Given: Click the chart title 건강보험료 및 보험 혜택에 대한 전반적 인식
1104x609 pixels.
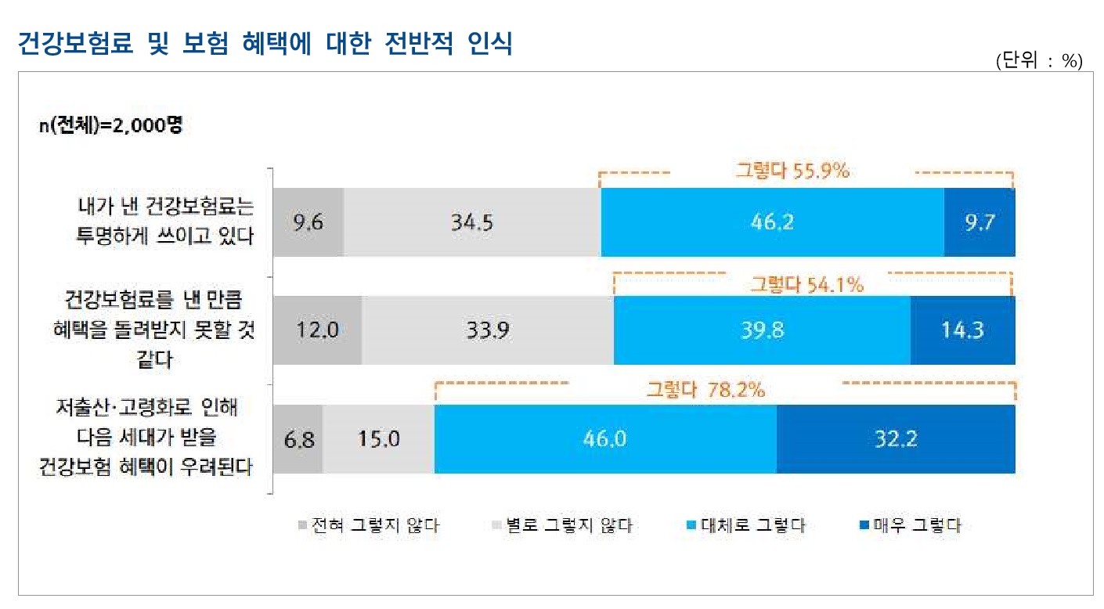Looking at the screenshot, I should tap(265, 45).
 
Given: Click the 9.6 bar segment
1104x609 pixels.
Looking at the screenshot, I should tap(308, 222).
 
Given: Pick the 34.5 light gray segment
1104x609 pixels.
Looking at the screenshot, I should tap(471, 222).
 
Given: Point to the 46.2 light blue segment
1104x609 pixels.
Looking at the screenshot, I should tap(772, 222).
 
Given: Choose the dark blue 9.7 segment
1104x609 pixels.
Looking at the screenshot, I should tap(980, 222).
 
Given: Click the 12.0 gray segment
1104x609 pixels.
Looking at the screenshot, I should tap(317, 330).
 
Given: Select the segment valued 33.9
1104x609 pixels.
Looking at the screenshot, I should tap(488, 330).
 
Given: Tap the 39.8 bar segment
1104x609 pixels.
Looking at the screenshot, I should tap(762, 330).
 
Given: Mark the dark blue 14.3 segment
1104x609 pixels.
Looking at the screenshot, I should tap(962, 330).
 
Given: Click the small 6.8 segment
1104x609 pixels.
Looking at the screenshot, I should tap(298, 439).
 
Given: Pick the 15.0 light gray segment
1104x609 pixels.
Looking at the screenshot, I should tap(378, 439).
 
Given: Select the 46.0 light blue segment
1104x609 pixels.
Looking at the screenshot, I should tap(605, 439).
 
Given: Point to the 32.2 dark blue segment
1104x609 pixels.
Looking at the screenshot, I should tap(896, 439).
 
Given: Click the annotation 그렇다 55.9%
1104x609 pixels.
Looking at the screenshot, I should tap(792, 171).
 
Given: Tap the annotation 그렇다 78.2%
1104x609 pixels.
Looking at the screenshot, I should tap(705, 389).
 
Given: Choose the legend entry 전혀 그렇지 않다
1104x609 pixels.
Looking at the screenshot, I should tap(369, 526).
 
